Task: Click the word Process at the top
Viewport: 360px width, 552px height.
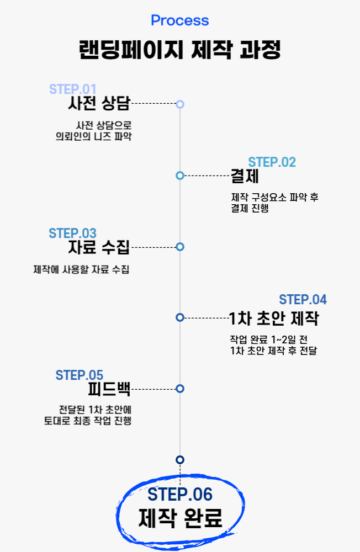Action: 179,20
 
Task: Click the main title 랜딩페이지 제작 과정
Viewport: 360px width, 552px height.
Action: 179,50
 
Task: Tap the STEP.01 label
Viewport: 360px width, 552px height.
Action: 72,89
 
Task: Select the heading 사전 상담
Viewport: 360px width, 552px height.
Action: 99,103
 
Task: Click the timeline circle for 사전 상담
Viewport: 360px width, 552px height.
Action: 180,104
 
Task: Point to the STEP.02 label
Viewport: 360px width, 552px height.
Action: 272,162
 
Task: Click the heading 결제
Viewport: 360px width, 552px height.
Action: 245,176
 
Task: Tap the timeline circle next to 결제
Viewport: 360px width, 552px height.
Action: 180,176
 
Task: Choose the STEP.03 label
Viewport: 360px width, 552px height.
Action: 72,233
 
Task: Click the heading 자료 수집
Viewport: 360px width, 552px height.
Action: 99,247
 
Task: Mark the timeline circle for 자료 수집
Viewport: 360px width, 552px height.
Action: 180,247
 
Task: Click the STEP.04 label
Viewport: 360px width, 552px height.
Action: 303,300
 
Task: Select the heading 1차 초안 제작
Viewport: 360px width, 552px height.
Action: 274,319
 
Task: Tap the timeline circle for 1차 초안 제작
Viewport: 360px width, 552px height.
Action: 180,317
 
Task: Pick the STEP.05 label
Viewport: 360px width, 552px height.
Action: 80,375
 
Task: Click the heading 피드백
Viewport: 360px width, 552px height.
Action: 109,389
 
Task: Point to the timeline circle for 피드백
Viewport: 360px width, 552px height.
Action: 180,389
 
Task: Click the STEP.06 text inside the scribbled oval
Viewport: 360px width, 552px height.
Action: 180,494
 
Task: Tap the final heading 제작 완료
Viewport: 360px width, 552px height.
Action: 180,518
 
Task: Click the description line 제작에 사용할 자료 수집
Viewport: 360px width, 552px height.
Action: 81,270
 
